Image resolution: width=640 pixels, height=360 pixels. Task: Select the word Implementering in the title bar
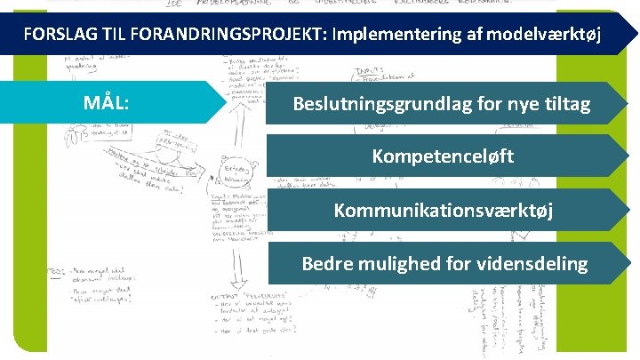click(390, 35)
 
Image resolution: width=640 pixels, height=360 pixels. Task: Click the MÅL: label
click(106, 102)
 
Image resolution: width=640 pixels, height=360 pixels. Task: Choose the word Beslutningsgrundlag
click(388, 104)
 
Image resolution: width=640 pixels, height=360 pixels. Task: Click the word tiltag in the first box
click(565, 104)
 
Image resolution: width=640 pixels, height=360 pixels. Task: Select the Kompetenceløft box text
click(443, 157)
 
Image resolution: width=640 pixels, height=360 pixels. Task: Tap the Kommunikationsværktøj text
click(443, 211)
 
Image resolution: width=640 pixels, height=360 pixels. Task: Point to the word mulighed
click(403, 264)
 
